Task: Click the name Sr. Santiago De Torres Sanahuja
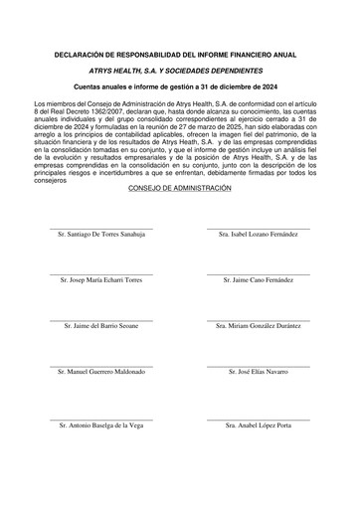pos(102,235)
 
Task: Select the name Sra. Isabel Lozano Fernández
pos(259,235)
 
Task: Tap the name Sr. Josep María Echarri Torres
pos(102,280)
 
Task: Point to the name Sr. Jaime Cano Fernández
pos(259,280)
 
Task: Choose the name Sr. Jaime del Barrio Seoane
pos(102,325)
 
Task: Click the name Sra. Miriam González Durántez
pos(259,325)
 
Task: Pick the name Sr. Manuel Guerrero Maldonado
pos(102,371)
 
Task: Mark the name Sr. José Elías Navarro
pos(259,371)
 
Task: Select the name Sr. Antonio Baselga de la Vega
pos(102,425)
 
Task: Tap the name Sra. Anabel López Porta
pos(259,425)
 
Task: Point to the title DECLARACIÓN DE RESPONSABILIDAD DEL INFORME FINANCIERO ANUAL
pos(180,54)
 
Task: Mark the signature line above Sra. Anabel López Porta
pos(259,419)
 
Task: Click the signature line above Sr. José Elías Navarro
pos(259,364)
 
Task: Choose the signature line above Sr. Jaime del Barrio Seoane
pos(102,318)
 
